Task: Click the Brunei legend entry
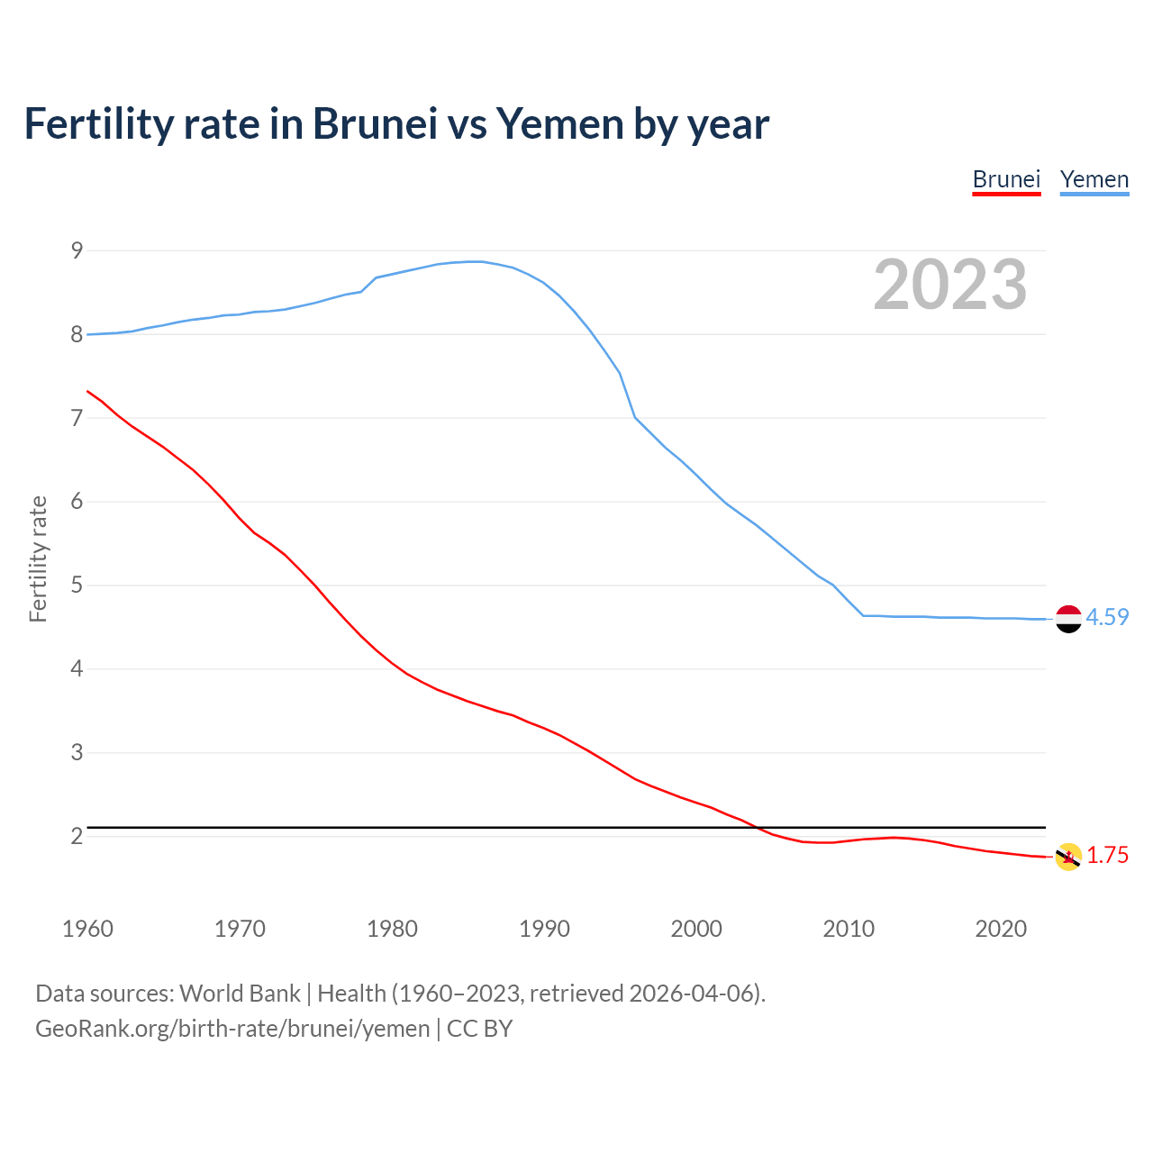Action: [x=1006, y=179]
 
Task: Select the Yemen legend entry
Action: [x=1094, y=179]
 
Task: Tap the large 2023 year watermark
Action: [x=949, y=285]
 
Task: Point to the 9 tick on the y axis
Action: [x=77, y=250]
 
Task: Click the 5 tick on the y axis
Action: [x=77, y=586]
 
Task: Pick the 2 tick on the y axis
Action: [x=77, y=836]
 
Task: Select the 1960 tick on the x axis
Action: [x=87, y=929]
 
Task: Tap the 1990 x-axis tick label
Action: [x=544, y=929]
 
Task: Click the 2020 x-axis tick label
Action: [x=1001, y=929]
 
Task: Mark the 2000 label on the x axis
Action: [x=696, y=929]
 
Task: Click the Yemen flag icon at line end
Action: [x=1068, y=619]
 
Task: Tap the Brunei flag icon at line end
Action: [x=1068, y=857]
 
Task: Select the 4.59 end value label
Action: [x=1107, y=617]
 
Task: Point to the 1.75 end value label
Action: [x=1107, y=855]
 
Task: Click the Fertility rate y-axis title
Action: [x=38, y=558]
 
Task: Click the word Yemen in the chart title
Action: [x=558, y=124]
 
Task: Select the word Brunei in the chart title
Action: [x=375, y=124]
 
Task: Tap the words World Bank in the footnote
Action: [x=240, y=994]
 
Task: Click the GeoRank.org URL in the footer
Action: [x=232, y=1029]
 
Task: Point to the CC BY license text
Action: [x=479, y=1029]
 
